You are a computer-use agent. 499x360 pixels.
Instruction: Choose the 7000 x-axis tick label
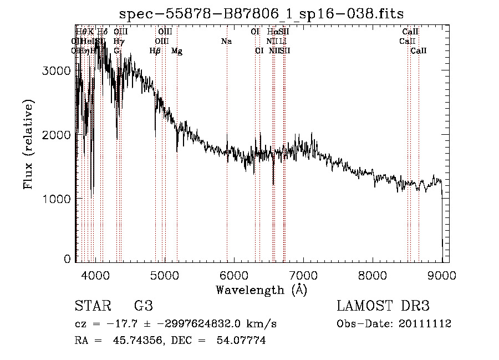(303, 275)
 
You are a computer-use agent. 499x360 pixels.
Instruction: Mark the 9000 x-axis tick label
(442, 275)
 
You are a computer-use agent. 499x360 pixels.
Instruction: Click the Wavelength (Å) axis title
(261, 290)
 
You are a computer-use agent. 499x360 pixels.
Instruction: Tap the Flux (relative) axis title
(28, 145)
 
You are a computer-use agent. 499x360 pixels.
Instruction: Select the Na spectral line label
(226, 41)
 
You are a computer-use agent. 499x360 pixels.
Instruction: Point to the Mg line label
(177, 50)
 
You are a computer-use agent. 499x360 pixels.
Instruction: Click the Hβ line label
(155, 50)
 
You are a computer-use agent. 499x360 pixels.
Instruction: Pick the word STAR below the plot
(92, 306)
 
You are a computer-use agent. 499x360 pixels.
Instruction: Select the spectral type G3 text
(143, 306)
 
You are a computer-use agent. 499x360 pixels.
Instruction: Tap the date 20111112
(425, 323)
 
